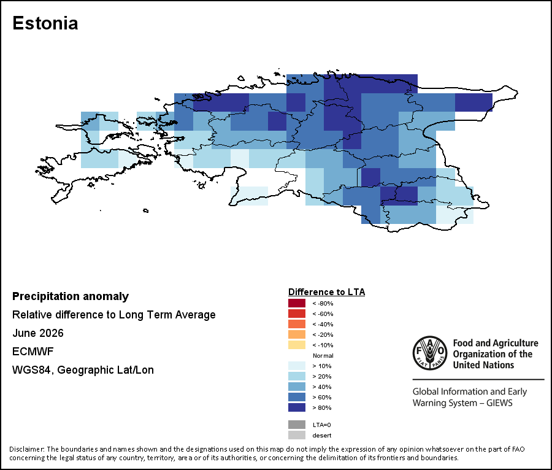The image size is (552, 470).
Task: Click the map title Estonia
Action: [x=45, y=23]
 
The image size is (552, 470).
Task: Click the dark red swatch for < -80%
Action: [x=297, y=303]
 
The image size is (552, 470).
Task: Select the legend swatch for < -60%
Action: [x=297, y=314]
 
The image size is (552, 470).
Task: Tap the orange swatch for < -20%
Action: [x=297, y=334]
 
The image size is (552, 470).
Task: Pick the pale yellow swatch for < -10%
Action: [x=297, y=345]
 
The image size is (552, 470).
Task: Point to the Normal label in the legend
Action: [x=323, y=356]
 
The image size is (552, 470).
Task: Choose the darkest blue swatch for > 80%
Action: [x=297, y=407]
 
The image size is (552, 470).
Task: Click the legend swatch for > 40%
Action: [x=297, y=387]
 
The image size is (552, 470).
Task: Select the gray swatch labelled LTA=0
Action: [x=297, y=425]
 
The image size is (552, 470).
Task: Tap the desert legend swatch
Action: [x=297, y=435]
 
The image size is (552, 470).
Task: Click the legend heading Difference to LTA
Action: [x=327, y=292]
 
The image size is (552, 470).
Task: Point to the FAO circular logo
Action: [x=430, y=353]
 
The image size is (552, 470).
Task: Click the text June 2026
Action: [x=38, y=333]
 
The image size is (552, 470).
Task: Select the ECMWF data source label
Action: [x=33, y=352]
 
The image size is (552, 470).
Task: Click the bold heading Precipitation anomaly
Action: [x=71, y=296]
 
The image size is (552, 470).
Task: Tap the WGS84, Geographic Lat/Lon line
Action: [x=83, y=370]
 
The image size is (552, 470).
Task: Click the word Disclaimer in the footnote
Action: [x=26, y=449]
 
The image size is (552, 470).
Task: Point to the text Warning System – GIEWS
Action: [x=462, y=403]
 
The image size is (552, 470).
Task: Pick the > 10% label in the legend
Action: [x=322, y=366]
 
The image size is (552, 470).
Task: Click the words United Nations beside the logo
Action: [x=483, y=365]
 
